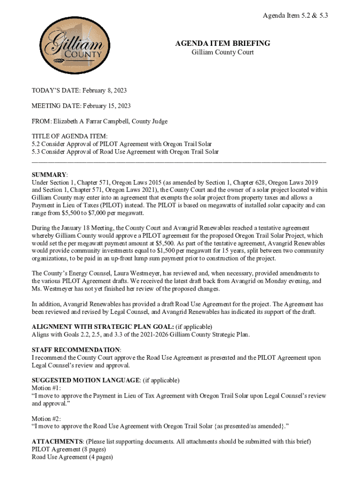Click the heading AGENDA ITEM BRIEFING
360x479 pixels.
pos(223,44)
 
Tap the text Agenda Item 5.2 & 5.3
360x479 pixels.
pos(295,15)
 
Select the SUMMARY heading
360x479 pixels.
pos(49,174)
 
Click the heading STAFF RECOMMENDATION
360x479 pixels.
pos(76,350)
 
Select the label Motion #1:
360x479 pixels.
pos(46,388)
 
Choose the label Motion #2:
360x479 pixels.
pos(46,418)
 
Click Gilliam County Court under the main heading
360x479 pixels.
pos(223,52)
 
